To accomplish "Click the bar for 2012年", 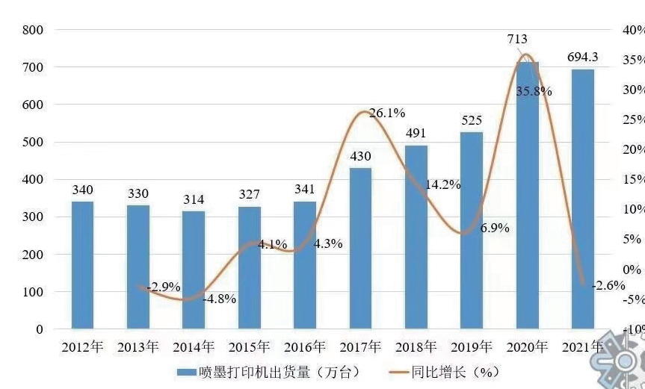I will pyautogui.click(x=82, y=265).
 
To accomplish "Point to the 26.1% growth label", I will pyautogui.click(x=387, y=113).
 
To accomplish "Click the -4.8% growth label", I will pyautogui.click(x=219, y=299).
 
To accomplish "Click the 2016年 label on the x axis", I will pyautogui.click(x=306, y=347).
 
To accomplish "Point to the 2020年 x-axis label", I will pyautogui.click(x=528, y=347).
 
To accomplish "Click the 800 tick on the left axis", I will pyautogui.click(x=34, y=30).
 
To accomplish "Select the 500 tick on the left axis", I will pyautogui.click(x=34, y=142).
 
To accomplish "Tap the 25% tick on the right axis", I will pyautogui.click(x=632, y=119).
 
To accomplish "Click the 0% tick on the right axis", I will pyautogui.click(x=632, y=269).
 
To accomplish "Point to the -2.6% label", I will pyautogui.click(x=608, y=285).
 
